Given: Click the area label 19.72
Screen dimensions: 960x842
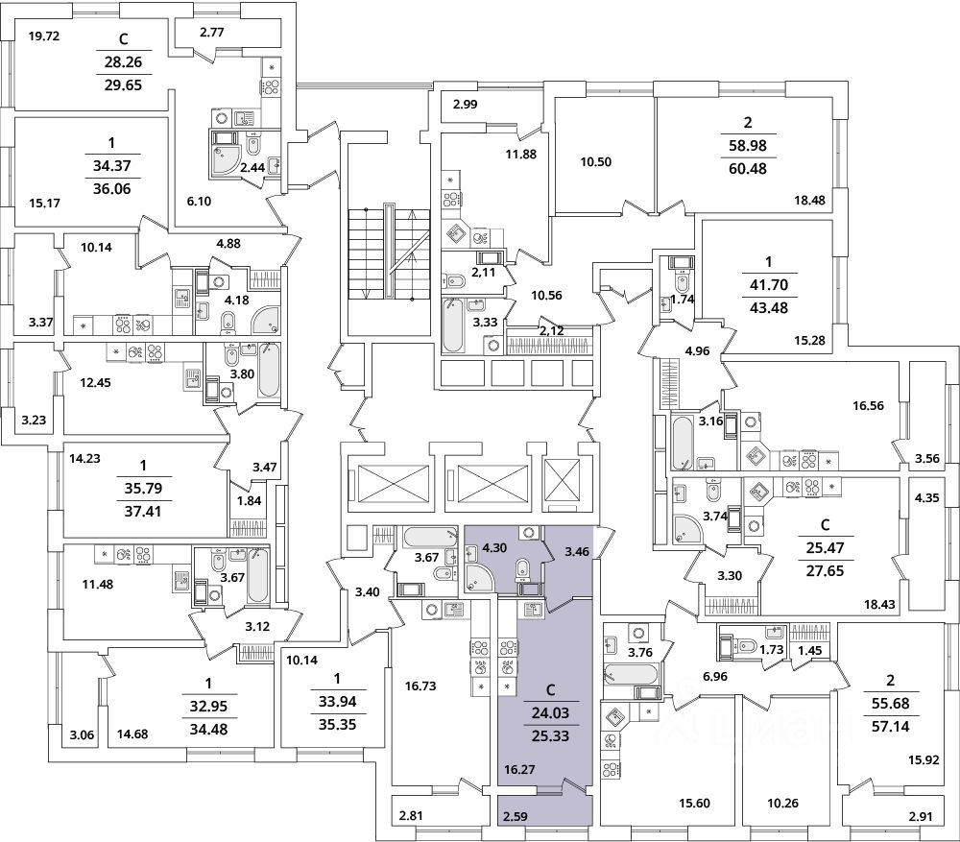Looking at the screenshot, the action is [x=44, y=36].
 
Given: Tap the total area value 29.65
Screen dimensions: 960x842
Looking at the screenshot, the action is [x=123, y=85].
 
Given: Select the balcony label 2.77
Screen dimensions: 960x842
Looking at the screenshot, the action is [x=212, y=33].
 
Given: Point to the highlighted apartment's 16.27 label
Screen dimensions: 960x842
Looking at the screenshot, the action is [x=519, y=770].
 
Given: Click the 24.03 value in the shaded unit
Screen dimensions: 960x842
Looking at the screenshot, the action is [x=550, y=712].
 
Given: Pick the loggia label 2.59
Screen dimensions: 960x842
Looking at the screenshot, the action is [x=516, y=816].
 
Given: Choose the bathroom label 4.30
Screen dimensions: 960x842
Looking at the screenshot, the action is [x=494, y=548].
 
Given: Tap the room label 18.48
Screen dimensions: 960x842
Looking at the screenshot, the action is [x=809, y=200].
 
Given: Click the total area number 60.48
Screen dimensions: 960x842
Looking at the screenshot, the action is [x=748, y=168].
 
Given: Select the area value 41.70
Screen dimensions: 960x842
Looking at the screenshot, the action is [x=769, y=285].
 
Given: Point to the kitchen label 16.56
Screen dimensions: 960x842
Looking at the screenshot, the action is [x=868, y=405].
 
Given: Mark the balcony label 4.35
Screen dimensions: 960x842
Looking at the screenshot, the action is [x=927, y=498].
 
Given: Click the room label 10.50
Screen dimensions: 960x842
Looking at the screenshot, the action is [x=596, y=162].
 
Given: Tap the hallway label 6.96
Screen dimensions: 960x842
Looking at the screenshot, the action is [x=715, y=677].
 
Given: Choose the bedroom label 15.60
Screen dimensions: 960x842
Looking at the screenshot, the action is [x=694, y=804].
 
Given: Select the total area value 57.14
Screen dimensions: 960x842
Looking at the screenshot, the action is [x=890, y=727].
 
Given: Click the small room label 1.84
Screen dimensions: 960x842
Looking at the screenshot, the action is [x=250, y=500].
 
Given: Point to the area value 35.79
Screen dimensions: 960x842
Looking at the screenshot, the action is [x=143, y=488].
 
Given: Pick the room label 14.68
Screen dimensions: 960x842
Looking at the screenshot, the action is [x=132, y=734].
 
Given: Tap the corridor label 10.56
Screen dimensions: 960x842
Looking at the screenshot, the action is [x=547, y=295].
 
